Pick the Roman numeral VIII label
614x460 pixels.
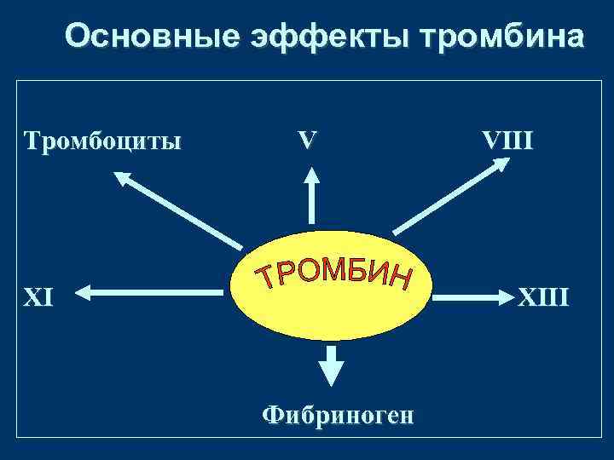509,139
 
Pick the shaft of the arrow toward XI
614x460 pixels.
162,296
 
